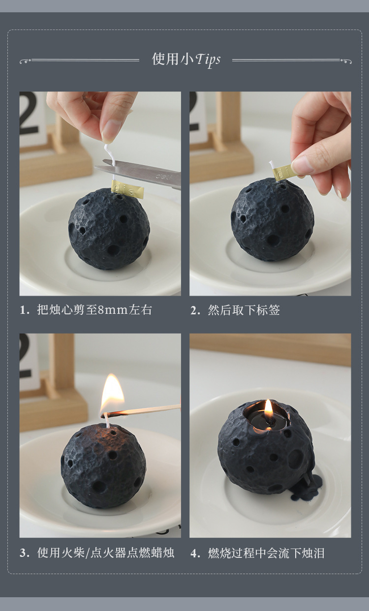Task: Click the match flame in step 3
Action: (x=112, y=394)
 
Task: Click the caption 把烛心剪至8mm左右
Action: (x=94, y=310)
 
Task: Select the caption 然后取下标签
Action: (x=244, y=310)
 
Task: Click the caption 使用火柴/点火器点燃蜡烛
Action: (x=106, y=553)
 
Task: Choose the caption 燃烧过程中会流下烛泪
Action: (x=266, y=553)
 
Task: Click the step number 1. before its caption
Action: (x=25, y=310)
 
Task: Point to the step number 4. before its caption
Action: (x=195, y=553)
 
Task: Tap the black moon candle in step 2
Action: (x=272, y=219)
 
